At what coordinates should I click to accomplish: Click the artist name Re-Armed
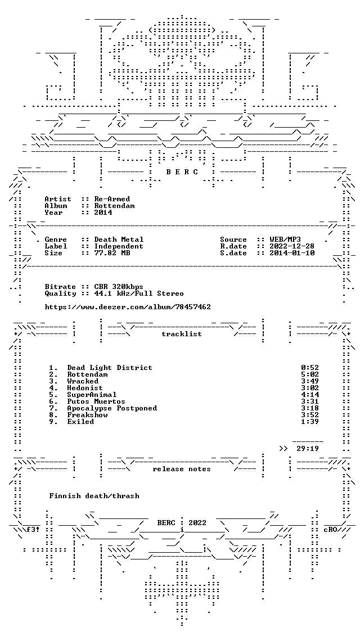112,199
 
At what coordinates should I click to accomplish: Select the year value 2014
103,213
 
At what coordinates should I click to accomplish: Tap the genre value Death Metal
119,240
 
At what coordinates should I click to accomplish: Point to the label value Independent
119,246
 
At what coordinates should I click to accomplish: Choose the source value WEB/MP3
285,240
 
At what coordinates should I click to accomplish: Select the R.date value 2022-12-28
292,246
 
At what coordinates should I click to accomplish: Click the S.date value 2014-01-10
292,253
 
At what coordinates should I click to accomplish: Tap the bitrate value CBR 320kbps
119,287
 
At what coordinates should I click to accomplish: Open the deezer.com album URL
128,307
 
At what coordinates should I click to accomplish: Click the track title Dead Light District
110,368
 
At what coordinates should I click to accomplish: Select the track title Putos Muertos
96,401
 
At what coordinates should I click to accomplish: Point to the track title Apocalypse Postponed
112,408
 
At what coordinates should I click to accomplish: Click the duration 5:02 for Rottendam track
310,374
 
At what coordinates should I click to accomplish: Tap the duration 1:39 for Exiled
310,422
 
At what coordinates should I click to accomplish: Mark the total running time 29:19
308,449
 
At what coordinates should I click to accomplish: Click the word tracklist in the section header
182,334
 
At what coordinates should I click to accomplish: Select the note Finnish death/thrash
94,496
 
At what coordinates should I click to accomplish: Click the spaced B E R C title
182,172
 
